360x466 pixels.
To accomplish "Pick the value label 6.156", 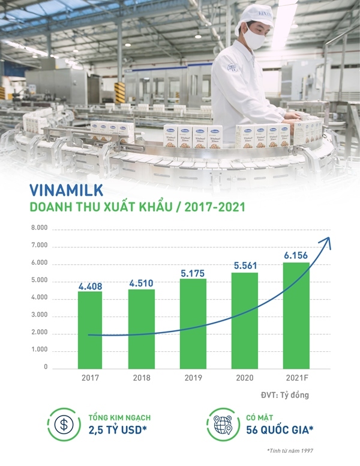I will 295,255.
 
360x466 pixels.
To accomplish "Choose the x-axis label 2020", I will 244,378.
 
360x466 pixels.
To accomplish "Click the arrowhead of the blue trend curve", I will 328,241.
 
